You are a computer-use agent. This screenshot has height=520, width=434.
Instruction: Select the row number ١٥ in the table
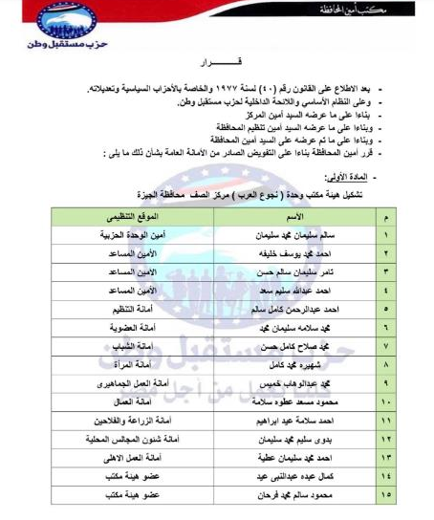[388, 497]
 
